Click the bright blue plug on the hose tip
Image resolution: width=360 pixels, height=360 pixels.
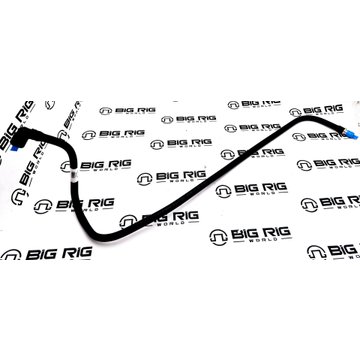coord(351,134)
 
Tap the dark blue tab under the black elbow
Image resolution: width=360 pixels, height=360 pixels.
coord(14,147)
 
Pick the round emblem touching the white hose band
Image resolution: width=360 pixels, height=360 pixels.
coord(67,166)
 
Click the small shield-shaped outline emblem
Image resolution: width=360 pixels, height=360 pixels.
coord(50,105)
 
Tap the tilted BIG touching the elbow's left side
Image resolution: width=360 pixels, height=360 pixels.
coord(7,136)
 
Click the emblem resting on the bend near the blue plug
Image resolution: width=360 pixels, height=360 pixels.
coord(295,112)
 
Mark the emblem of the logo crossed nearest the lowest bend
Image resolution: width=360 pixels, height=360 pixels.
coord(128,221)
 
